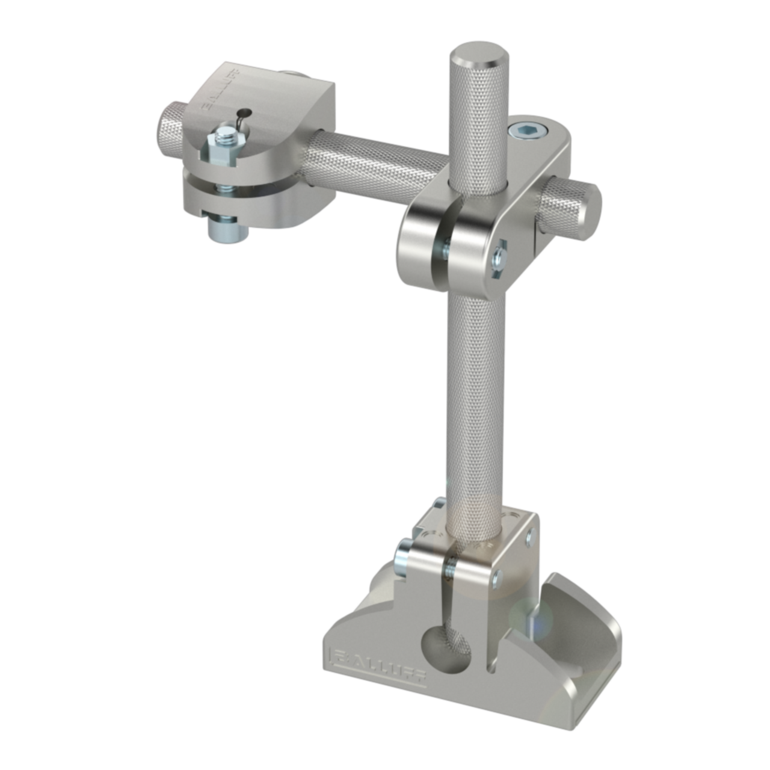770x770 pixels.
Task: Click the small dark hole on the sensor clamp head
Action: tap(244, 112)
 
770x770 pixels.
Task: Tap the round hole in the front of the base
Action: tap(446, 649)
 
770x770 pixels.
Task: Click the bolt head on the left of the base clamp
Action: tap(402, 559)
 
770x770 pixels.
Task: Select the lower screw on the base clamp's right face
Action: tap(496, 579)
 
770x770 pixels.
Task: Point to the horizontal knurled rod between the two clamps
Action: tap(373, 159)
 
